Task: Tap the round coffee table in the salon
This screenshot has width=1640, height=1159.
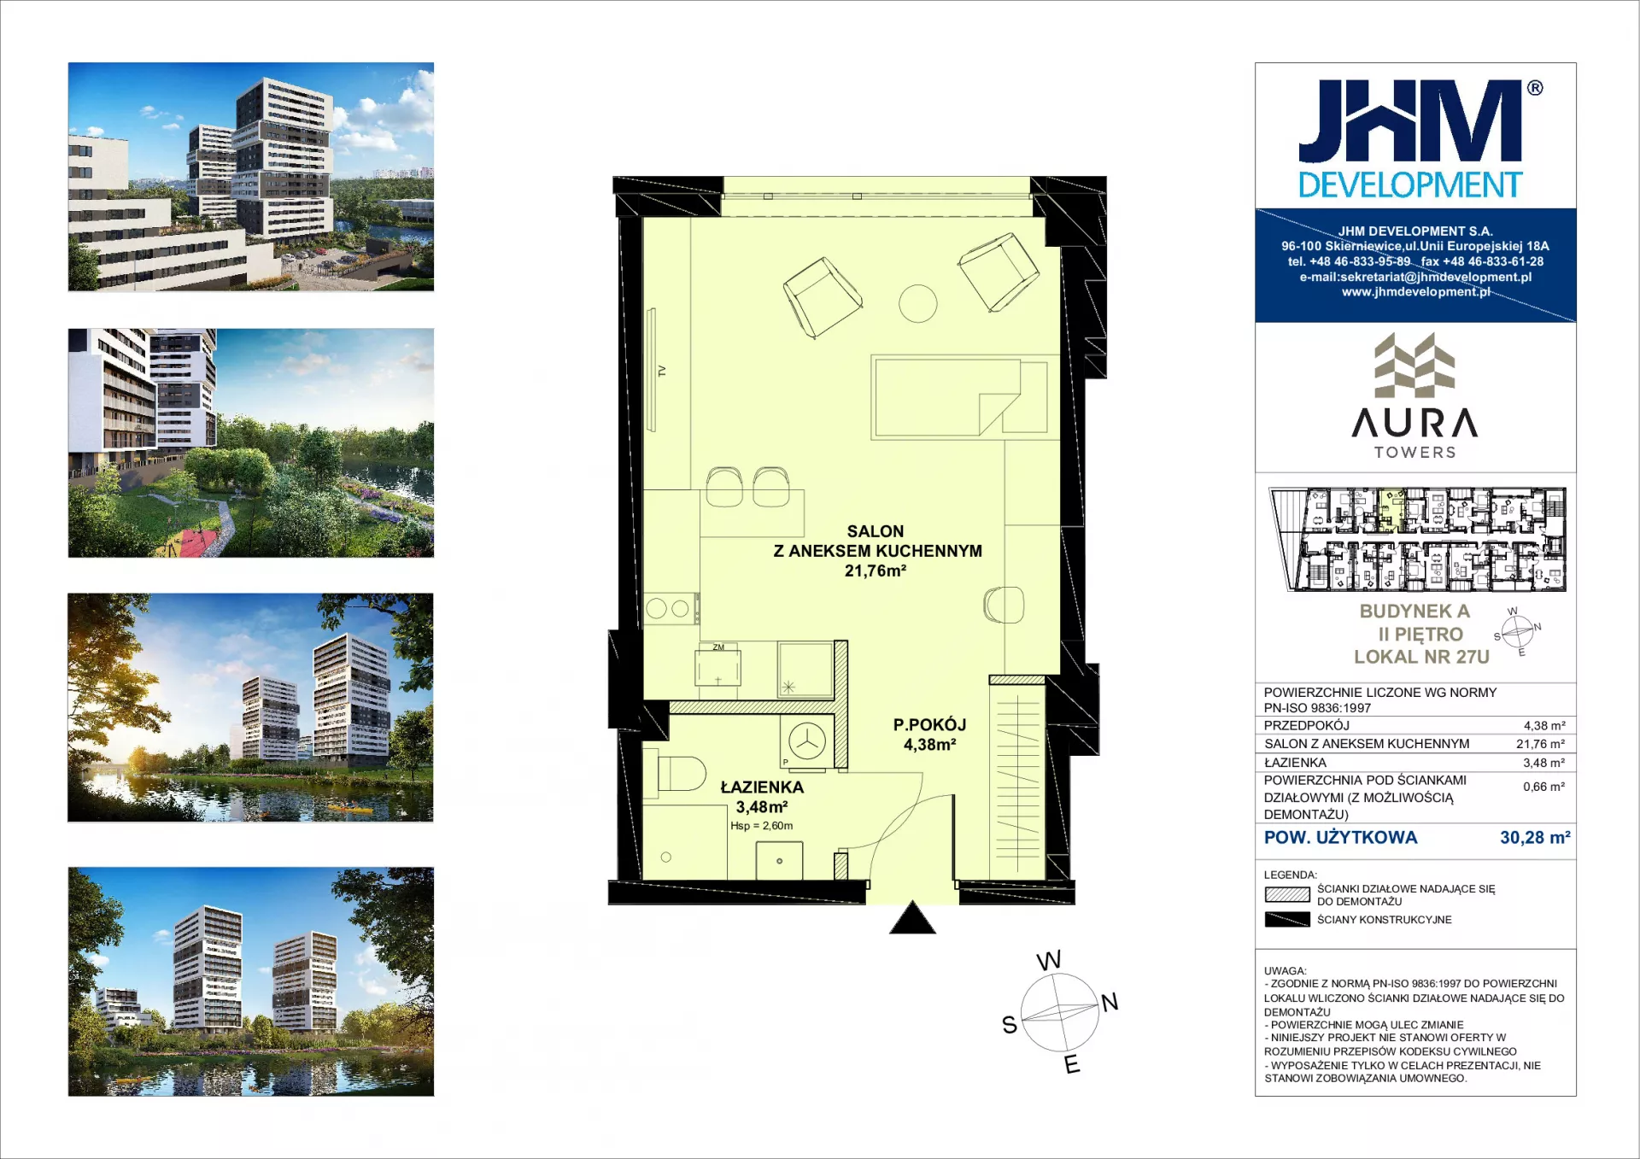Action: point(917,303)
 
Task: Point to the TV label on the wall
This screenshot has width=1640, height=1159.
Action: point(662,371)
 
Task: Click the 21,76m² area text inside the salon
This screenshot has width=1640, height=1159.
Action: point(875,571)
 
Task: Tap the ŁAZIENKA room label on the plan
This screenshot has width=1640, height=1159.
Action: point(762,787)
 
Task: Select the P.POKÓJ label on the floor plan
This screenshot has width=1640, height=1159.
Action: point(929,724)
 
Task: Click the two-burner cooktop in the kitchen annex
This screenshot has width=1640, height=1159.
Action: point(669,609)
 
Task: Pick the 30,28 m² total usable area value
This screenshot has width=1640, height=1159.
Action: point(1535,837)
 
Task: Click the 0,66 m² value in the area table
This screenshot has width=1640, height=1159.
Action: point(1544,787)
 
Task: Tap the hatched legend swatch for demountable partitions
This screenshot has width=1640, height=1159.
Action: point(1287,894)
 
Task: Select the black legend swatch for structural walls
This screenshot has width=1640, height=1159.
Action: point(1287,919)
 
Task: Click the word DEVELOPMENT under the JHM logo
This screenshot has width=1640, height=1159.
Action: point(1410,184)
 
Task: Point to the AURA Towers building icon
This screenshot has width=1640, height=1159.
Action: point(1414,366)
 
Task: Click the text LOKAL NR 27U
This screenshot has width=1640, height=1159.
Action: point(1421,657)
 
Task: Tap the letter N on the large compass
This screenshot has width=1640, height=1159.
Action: point(1110,1002)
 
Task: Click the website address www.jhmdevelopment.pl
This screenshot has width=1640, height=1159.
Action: point(1415,292)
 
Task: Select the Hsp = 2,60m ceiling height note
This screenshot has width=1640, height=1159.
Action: point(761,826)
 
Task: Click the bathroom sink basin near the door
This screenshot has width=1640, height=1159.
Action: point(779,860)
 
